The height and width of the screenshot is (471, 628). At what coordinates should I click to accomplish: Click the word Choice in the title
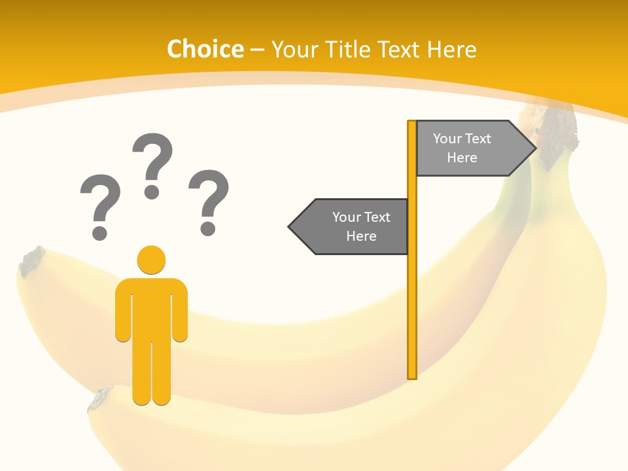(x=205, y=49)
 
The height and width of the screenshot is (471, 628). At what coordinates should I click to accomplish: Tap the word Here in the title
(x=451, y=49)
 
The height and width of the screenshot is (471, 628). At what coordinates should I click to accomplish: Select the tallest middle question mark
(x=152, y=164)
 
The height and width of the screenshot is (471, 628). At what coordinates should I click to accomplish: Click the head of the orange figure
(x=151, y=260)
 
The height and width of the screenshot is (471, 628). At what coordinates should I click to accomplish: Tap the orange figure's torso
(x=151, y=307)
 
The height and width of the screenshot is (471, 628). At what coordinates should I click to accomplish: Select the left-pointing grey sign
(x=353, y=226)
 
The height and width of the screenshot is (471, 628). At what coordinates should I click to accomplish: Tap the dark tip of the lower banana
(x=101, y=398)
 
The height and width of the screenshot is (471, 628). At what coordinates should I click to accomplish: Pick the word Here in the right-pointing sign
(x=462, y=158)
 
